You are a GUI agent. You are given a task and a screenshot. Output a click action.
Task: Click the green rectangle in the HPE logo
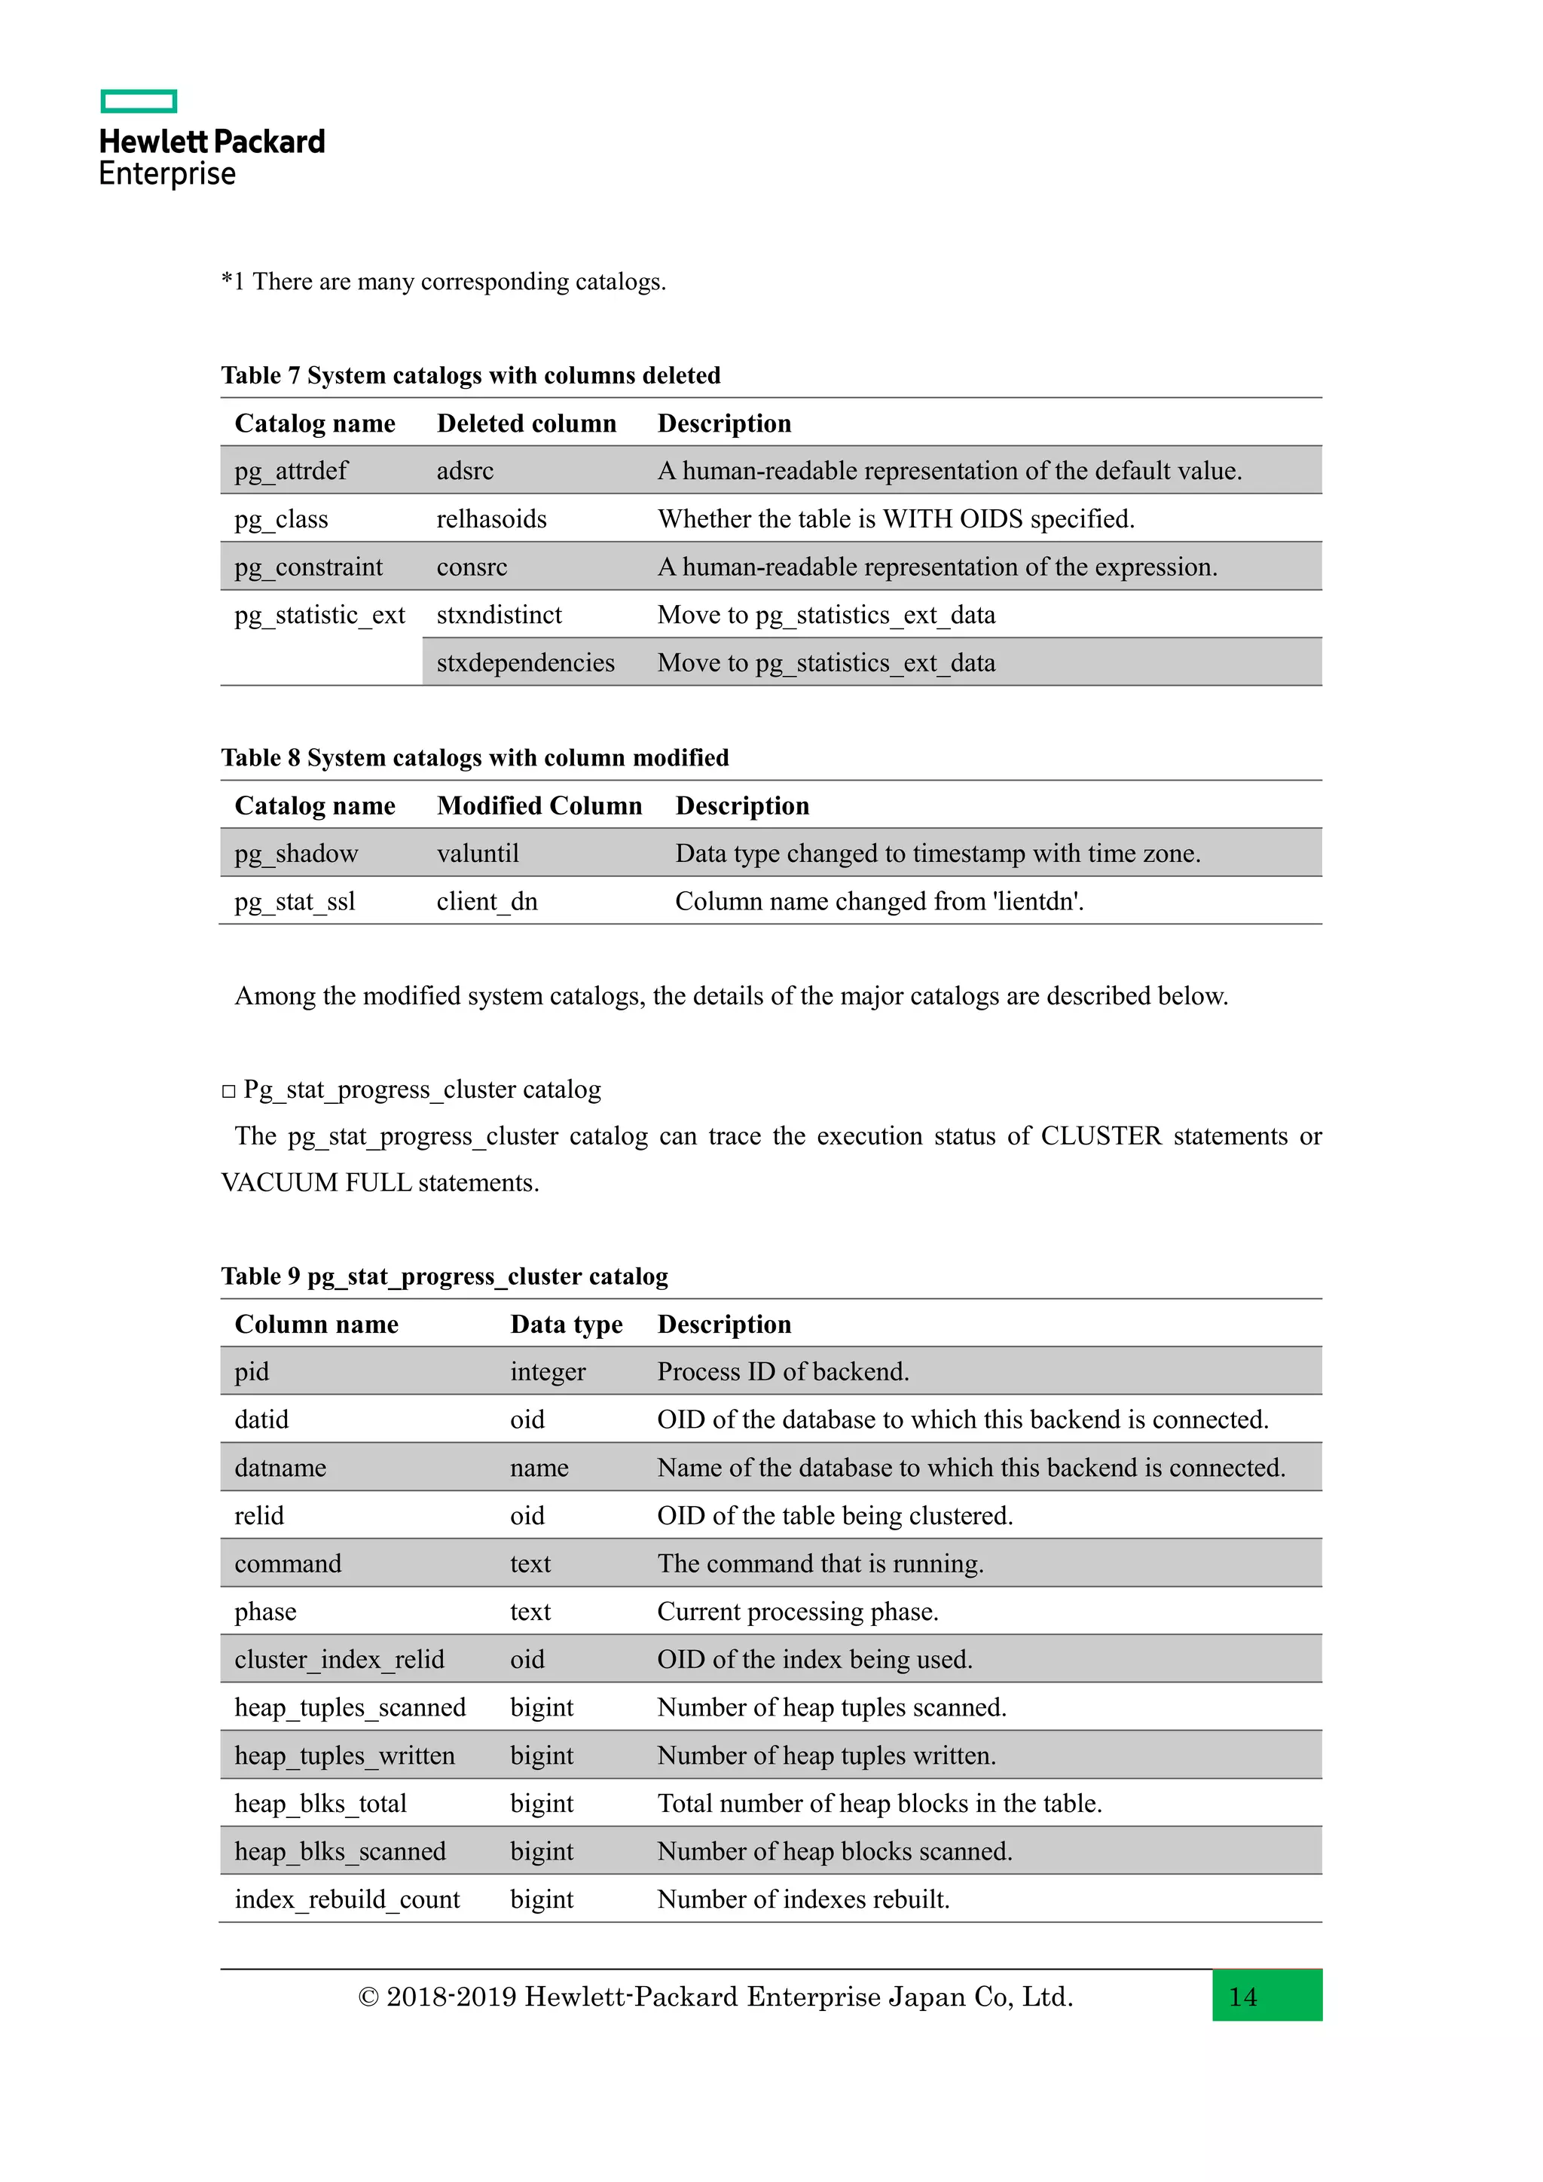pos(139,101)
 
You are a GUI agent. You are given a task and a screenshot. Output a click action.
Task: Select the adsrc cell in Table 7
pos(465,470)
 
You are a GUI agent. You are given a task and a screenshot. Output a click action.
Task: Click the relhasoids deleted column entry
pos(491,519)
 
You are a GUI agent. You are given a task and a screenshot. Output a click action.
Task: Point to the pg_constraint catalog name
pos(308,567)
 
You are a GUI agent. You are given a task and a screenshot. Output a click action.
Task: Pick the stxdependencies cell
pos(525,662)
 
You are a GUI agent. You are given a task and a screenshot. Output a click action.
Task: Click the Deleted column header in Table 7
pos(527,423)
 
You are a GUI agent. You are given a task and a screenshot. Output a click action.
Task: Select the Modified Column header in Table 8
pos(539,806)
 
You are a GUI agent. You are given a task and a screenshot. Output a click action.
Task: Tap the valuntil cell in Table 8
pos(477,854)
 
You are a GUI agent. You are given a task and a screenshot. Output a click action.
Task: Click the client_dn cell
pos(487,901)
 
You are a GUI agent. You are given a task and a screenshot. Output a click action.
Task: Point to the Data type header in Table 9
pos(567,1324)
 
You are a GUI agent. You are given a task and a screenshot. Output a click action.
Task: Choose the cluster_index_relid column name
pos(339,1659)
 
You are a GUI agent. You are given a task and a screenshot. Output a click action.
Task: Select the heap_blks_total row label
pos(320,1803)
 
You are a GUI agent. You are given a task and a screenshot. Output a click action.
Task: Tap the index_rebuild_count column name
pos(347,1899)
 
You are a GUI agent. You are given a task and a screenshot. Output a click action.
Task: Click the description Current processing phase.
pos(797,1612)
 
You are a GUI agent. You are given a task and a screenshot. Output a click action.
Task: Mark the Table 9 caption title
pos(444,1276)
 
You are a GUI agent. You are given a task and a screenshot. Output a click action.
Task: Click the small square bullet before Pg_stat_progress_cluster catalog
pos(228,1091)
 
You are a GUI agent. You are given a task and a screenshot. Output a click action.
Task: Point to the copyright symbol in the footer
pos(368,1997)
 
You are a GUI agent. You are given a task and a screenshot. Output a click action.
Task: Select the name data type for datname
pos(539,1467)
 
